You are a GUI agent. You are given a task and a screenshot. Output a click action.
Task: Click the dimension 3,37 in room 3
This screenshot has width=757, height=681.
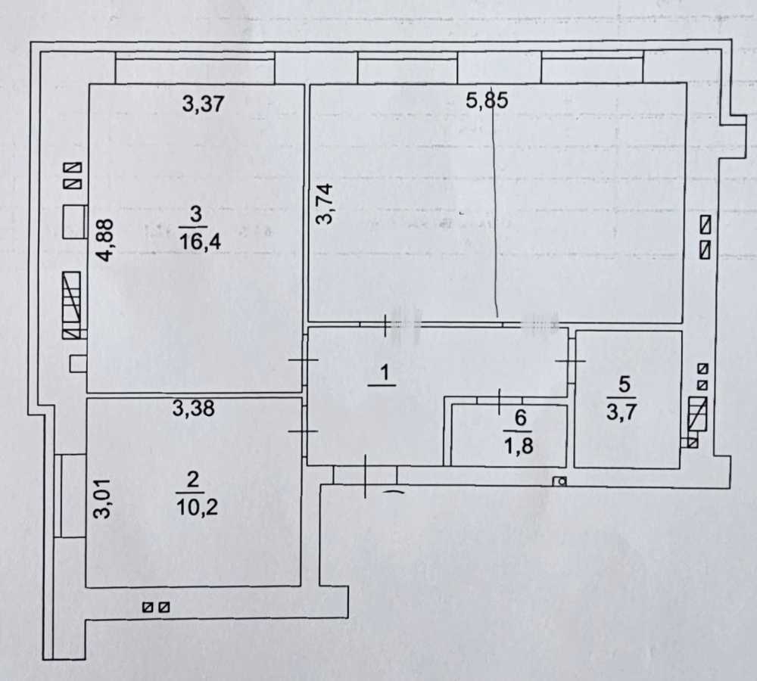(x=204, y=104)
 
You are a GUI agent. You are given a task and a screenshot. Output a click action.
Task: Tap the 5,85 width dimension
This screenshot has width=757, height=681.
(x=486, y=101)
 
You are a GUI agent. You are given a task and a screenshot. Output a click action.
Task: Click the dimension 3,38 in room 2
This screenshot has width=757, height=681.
(x=194, y=409)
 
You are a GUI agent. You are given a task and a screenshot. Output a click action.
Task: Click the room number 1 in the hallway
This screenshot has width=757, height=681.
(x=384, y=372)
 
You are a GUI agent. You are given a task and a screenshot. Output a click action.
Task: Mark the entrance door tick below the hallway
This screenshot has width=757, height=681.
(x=365, y=476)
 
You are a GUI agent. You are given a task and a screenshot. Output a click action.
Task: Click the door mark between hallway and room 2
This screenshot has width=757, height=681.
(x=304, y=431)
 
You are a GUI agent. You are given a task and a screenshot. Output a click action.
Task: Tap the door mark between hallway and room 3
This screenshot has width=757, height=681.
(x=304, y=361)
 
